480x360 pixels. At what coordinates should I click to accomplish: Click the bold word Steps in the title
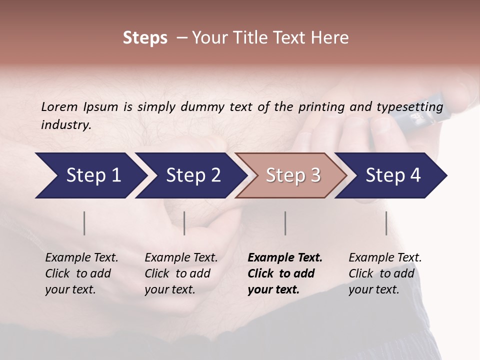coord(145,38)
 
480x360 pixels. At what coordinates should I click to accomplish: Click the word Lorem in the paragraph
coord(59,107)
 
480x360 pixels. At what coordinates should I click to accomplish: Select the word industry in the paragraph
coord(65,125)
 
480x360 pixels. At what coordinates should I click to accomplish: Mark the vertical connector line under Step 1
coord(84,223)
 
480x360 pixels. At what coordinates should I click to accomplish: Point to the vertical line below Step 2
coord(184,223)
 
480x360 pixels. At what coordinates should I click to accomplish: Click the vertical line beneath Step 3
coord(285,223)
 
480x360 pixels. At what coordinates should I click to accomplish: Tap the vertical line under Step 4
coord(386,223)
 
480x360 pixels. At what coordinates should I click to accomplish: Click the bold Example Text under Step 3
coord(285,258)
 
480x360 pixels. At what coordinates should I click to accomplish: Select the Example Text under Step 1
coord(81,258)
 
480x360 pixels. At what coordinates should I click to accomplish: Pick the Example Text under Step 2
coord(181,258)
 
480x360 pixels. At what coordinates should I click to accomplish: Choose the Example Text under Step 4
coord(385,258)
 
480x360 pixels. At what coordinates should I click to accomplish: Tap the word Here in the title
coord(332,38)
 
